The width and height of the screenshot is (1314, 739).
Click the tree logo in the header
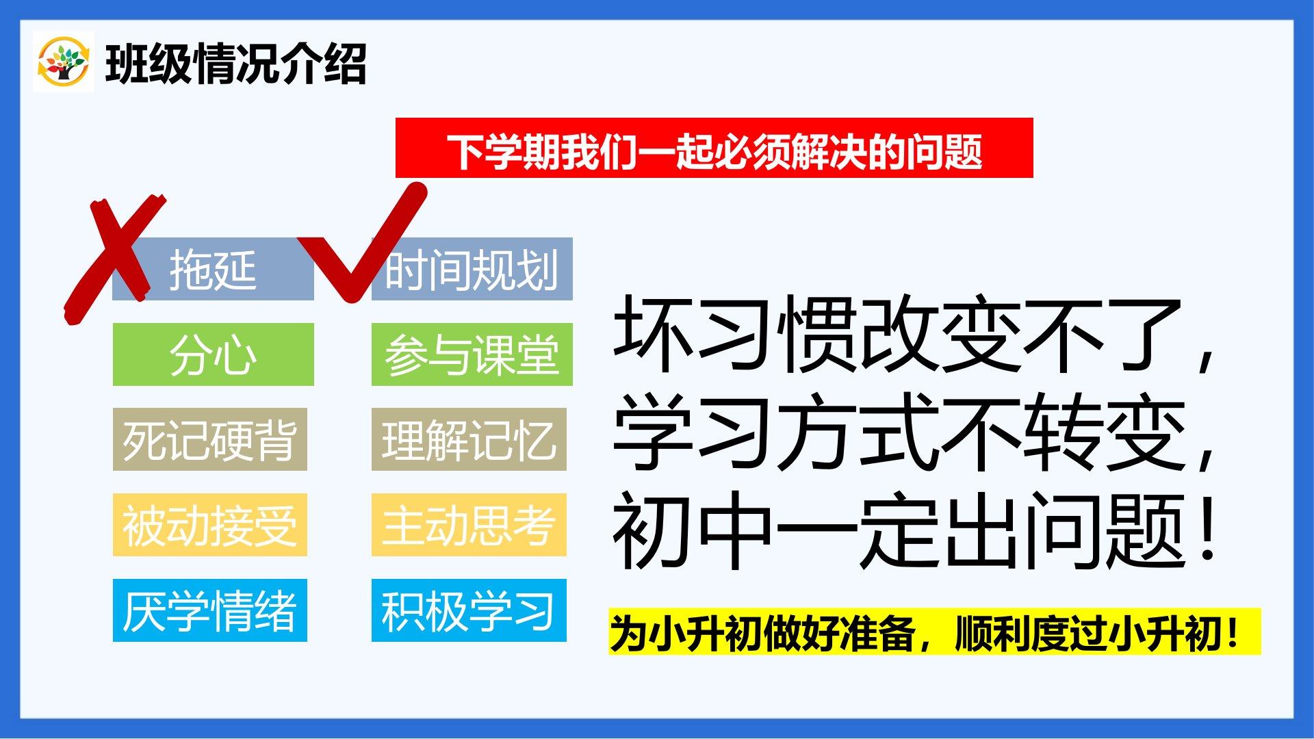point(63,62)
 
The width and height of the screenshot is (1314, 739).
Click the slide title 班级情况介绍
point(235,64)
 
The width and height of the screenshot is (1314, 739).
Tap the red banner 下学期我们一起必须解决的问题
point(714,148)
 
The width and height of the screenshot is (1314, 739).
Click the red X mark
point(113,257)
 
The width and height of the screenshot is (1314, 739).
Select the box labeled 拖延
point(213,269)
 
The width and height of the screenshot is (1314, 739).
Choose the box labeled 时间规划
point(472,269)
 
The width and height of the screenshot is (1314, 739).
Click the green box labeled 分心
point(213,354)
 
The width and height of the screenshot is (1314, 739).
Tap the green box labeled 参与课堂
point(472,354)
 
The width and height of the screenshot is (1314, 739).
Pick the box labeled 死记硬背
point(209,439)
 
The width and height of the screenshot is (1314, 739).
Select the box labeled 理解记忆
point(469,439)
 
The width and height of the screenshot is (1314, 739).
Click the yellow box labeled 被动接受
point(209,525)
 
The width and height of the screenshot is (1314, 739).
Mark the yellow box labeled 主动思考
point(469,525)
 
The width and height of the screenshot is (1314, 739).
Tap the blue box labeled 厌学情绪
point(209,610)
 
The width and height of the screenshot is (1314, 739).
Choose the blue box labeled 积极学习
point(469,610)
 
